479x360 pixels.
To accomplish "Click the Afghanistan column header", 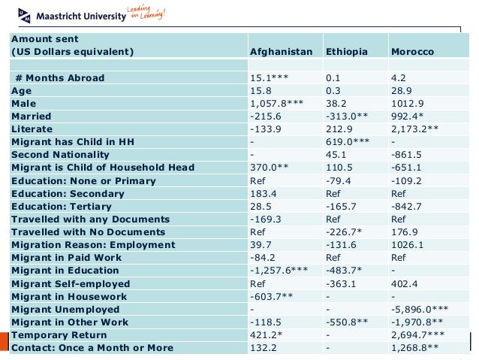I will click(280, 53).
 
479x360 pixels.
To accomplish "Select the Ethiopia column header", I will click(346, 53).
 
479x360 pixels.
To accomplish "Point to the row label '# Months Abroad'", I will click(59, 77).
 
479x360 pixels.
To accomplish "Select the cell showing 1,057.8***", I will click(276, 103).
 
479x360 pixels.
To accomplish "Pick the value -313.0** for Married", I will click(345, 116).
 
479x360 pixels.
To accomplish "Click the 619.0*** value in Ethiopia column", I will click(346, 142).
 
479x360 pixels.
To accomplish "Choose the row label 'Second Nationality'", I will click(62, 155).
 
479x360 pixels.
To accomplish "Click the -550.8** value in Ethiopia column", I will click(346, 322).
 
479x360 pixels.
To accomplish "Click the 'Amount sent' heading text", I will click(45, 38).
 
